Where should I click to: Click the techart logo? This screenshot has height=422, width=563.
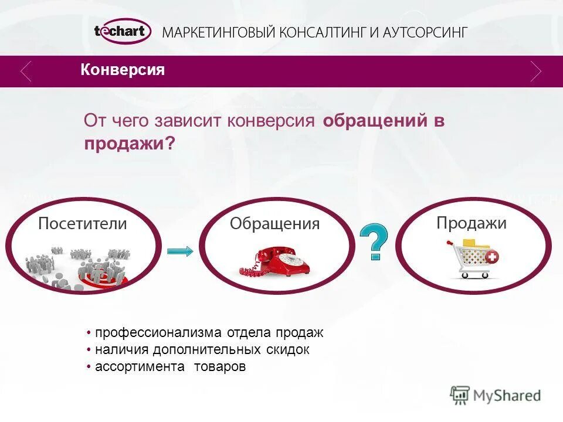point(122,32)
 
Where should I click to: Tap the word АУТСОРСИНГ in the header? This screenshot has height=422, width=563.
point(425,32)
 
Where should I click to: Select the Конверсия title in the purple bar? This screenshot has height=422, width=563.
point(123,70)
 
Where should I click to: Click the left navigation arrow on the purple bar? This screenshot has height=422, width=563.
point(26,71)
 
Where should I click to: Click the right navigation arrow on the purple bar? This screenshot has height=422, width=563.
point(535,71)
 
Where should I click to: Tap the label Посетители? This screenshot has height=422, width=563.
point(83,223)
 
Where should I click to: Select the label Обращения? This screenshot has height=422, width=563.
point(274,223)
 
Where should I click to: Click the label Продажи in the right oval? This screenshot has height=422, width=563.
point(472,223)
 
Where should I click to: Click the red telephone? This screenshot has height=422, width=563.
point(275,262)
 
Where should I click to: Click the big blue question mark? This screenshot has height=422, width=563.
point(373,241)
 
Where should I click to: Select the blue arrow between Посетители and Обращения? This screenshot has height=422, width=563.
point(180,251)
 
